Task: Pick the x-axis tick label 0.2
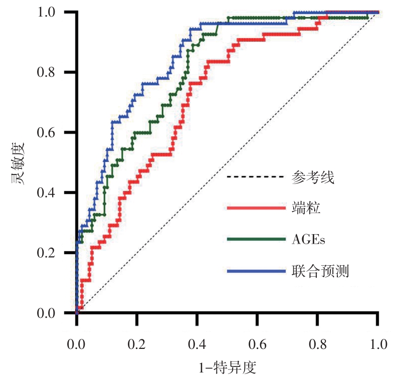coord(137,345)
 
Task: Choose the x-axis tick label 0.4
coord(197,345)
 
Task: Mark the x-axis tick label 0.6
coord(257,345)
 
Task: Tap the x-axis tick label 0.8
coord(317,345)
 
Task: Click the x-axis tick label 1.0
coord(377,345)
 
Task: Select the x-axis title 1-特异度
coord(227,368)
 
